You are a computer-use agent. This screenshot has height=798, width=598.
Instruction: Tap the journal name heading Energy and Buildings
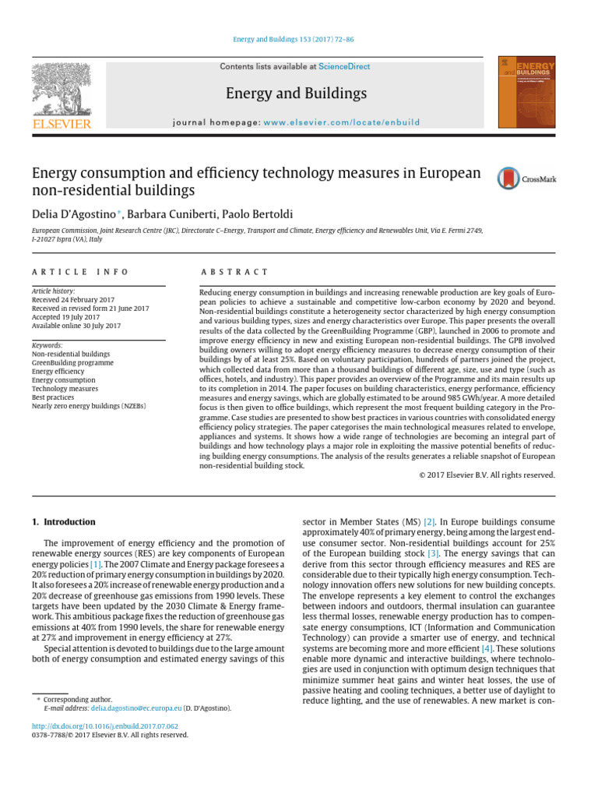(x=296, y=94)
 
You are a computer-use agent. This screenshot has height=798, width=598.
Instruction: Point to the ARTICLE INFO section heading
(x=80, y=272)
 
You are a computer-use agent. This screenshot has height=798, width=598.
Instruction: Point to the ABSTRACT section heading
(x=234, y=272)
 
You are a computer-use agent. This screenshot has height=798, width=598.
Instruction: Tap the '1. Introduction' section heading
(x=64, y=521)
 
